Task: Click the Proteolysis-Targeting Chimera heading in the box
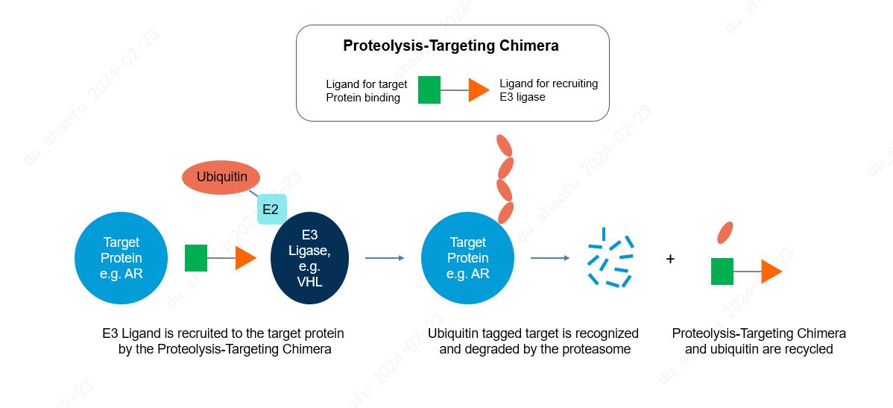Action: point(450,45)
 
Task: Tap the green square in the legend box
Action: point(429,90)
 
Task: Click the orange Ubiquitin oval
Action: point(221,178)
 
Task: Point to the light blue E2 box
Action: point(271,210)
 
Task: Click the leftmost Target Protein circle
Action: point(122,258)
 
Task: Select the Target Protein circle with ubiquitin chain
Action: point(467,258)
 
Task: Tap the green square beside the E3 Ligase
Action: point(196,258)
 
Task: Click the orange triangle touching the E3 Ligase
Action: point(245,258)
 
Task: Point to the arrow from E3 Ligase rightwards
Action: point(385,258)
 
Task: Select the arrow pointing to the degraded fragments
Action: point(550,258)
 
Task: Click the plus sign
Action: point(670,259)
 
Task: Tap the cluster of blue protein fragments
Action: point(610,258)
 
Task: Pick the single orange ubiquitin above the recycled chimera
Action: point(725,233)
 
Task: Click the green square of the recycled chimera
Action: point(722,272)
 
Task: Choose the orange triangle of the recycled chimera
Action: point(771,272)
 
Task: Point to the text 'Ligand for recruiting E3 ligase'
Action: point(548,90)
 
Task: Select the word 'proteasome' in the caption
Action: point(601,349)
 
